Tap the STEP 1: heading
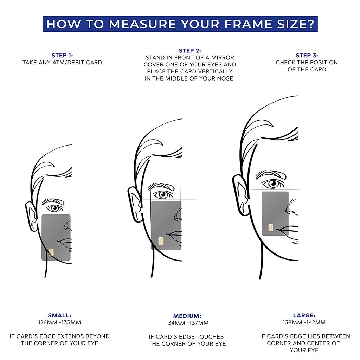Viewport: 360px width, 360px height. click(62, 55)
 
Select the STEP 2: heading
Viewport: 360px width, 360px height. click(190, 51)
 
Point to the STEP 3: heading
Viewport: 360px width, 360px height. click(307, 55)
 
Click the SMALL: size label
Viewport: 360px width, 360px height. click(59, 315)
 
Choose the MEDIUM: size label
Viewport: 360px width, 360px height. click(187, 316)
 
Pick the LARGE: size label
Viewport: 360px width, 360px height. click(304, 315)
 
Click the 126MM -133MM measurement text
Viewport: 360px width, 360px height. click(59, 322)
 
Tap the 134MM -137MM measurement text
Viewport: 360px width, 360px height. click(187, 323)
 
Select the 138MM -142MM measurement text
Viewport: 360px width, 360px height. click(304, 322)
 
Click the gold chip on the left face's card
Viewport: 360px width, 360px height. click(51, 252)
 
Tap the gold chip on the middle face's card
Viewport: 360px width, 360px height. click(161, 241)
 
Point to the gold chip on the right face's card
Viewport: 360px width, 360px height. click(271, 227)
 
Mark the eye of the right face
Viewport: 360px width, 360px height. click(273, 184)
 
